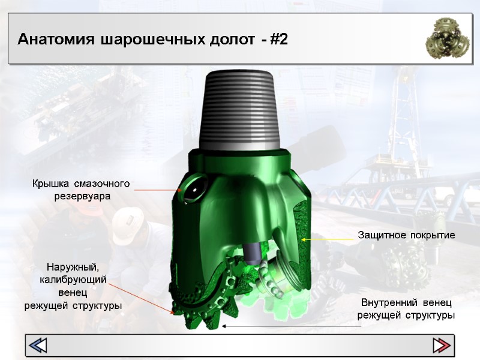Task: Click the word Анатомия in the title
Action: click(x=56, y=40)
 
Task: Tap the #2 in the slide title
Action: click(x=279, y=40)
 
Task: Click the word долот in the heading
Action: click(x=232, y=40)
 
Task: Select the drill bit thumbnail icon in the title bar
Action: click(x=447, y=38)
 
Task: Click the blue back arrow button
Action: click(x=38, y=346)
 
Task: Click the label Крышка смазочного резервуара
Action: click(x=81, y=190)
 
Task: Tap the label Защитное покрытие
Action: click(x=407, y=235)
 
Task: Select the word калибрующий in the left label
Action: click(x=73, y=280)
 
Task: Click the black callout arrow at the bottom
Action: click(x=291, y=326)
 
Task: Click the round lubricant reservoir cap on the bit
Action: click(x=195, y=188)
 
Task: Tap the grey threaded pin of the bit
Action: click(x=239, y=110)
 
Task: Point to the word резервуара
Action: click(x=82, y=196)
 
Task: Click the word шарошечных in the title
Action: click(x=152, y=40)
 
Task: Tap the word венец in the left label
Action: click(x=73, y=293)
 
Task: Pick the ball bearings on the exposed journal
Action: click(x=270, y=281)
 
